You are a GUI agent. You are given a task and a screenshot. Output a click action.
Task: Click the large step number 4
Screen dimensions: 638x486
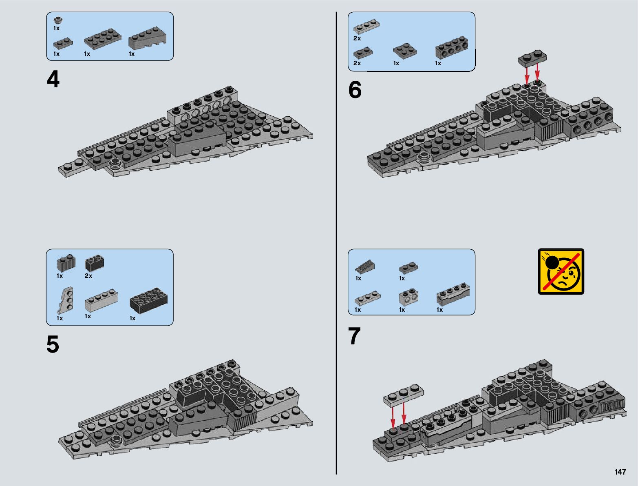[x=53, y=80]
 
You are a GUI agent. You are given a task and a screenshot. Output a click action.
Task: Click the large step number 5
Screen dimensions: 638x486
[x=53, y=345]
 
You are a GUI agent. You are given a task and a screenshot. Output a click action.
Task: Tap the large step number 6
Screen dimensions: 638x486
[x=355, y=90]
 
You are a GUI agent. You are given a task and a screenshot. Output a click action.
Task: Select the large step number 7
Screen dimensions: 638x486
[x=354, y=337]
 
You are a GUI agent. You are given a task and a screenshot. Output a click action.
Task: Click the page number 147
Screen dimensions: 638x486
[x=620, y=472]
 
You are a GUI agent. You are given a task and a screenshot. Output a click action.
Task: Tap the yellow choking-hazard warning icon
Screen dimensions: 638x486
[x=561, y=271]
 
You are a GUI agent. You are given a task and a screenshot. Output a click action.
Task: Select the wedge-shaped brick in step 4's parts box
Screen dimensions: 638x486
[x=147, y=39]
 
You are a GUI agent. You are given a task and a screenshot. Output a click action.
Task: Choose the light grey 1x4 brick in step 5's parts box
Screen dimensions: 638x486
[x=101, y=301]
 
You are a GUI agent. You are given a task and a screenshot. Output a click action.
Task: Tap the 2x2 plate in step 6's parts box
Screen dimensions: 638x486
[x=405, y=50]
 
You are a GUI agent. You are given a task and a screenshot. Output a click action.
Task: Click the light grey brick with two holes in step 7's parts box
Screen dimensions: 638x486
[x=408, y=297]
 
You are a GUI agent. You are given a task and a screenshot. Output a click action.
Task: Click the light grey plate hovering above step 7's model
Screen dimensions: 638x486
[x=403, y=395]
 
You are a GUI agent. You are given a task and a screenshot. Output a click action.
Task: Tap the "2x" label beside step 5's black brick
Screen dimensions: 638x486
[x=88, y=276]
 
